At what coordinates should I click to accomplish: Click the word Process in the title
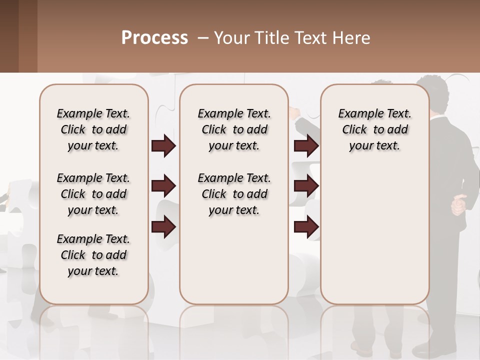point(154,38)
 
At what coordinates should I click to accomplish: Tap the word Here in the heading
point(352,38)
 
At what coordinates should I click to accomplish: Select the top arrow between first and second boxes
point(163,146)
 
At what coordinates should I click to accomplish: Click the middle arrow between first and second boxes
point(163,186)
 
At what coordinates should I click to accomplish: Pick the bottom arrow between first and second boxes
point(163,226)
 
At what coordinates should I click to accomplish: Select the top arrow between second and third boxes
point(306,146)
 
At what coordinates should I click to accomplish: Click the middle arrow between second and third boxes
point(306,186)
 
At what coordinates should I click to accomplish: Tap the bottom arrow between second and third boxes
point(306,226)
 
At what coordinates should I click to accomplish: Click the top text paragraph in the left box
point(93,129)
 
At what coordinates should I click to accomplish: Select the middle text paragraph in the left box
point(93,194)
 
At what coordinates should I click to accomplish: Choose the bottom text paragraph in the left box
point(93,255)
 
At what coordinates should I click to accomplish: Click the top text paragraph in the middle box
point(234,129)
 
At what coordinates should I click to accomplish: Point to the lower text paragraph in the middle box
point(234,194)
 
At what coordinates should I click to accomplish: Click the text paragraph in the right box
point(374,129)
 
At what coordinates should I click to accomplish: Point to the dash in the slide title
point(203,38)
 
